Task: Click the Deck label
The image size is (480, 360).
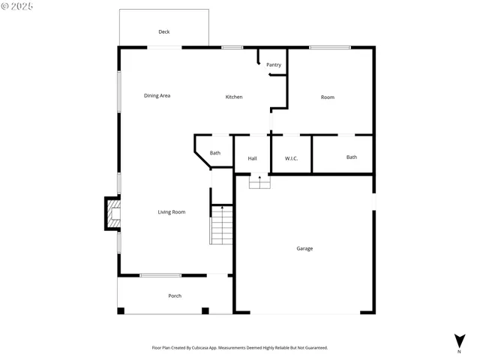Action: [163, 31]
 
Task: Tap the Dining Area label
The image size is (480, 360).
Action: [157, 96]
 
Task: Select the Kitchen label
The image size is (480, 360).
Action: [234, 97]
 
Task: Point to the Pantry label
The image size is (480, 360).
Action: [274, 64]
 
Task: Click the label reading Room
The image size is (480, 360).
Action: [327, 97]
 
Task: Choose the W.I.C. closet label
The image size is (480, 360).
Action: [292, 158]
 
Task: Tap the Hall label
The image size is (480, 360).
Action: [252, 158]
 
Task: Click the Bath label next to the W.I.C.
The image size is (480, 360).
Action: [351, 157]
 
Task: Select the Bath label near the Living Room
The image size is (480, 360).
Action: [214, 153]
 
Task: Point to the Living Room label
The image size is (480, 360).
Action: [171, 212]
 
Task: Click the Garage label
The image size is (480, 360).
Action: [304, 248]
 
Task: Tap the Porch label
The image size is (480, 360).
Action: [174, 295]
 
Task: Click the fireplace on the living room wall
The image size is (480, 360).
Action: [112, 214]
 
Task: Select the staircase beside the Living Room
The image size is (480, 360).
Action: [222, 226]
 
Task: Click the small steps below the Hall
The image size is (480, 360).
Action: [259, 182]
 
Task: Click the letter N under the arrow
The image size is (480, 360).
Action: [459, 351]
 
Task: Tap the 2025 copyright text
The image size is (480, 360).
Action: [18, 6]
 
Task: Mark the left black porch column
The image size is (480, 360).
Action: [121, 310]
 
